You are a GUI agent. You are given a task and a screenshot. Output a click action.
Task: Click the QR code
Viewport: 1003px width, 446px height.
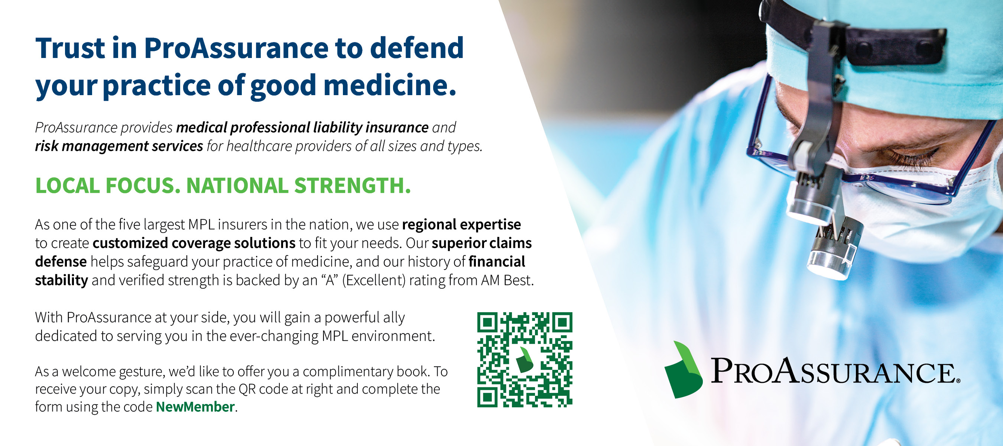[525, 359]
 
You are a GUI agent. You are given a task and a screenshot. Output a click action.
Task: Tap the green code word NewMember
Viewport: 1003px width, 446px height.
[195, 407]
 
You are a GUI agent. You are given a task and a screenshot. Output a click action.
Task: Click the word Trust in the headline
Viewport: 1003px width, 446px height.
[71, 48]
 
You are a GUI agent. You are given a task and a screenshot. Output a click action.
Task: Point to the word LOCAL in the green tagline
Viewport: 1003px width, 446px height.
[67, 185]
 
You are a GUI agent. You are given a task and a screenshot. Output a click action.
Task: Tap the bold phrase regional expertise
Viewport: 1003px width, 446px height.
[461, 225]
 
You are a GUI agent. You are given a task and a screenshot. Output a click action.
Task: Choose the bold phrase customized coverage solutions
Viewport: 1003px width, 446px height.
[194, 243]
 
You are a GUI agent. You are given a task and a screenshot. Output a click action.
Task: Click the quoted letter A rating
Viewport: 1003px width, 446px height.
[330, 280]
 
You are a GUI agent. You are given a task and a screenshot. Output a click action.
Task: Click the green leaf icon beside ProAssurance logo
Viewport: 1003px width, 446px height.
[683, 370]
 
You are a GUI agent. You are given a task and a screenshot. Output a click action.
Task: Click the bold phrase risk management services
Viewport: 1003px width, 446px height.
[119, 146]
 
